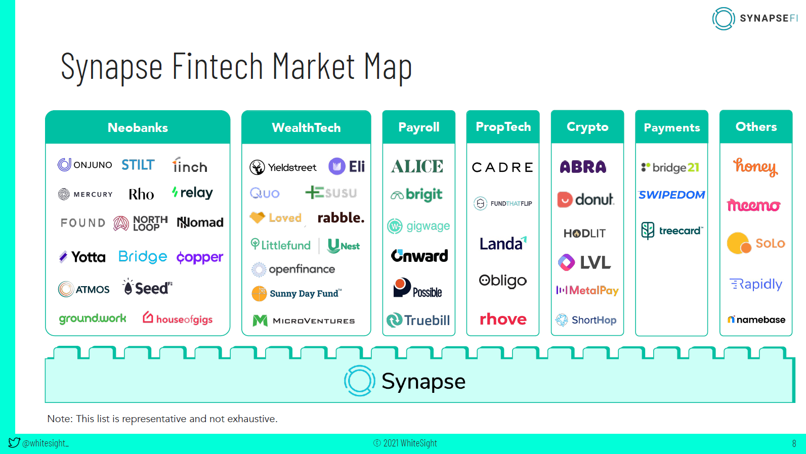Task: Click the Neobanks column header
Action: coord(138,127)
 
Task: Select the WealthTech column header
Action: coord(306,127)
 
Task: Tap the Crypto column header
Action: coord(587,127)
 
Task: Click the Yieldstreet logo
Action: coord(283,167)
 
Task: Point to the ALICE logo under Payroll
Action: coord(417,166)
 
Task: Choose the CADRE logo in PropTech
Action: coord(502,167)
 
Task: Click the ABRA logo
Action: coord(583,167)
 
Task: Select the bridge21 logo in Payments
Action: coord(670,167)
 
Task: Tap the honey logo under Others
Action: coord(755,166)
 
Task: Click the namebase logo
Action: coord(756,320)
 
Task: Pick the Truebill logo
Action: coord(418,320)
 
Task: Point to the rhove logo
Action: coord(503,319)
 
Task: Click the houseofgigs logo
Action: coord(178,319)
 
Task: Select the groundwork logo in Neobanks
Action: coord(93,319)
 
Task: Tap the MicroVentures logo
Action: coord(304,321)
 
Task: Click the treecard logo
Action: coord(672,231)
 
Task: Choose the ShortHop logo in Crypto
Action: coord(586,320)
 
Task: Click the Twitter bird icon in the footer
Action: coord(14,442)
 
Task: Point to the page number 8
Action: coord(794,443)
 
